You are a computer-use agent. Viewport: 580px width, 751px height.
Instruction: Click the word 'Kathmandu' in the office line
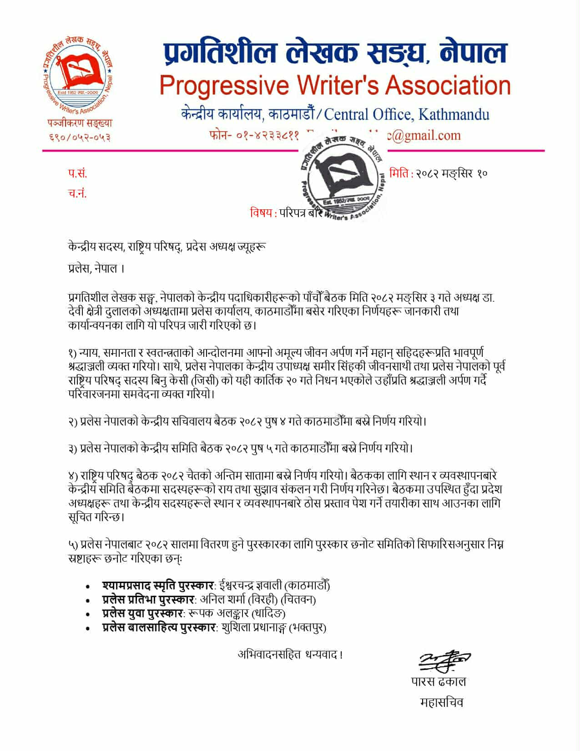coord(454,114)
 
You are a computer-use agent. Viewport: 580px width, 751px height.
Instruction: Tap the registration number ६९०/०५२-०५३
coord(80,137)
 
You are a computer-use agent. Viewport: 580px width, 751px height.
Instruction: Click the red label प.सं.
coord(77,173)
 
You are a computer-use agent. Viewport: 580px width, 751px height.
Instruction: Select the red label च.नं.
coord(77,194)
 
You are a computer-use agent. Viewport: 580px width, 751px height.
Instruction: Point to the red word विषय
coord(262,213)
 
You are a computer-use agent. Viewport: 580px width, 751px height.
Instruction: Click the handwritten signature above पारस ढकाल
coord(444,661)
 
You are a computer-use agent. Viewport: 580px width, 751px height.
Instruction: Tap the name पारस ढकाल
coord(439,681)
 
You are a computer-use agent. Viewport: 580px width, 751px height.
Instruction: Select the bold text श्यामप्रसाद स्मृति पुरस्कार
coord(158,585)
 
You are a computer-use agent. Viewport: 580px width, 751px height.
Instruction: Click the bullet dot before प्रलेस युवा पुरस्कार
coord(88,614)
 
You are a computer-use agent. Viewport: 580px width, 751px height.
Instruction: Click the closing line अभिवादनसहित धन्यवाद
coord(290,655)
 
